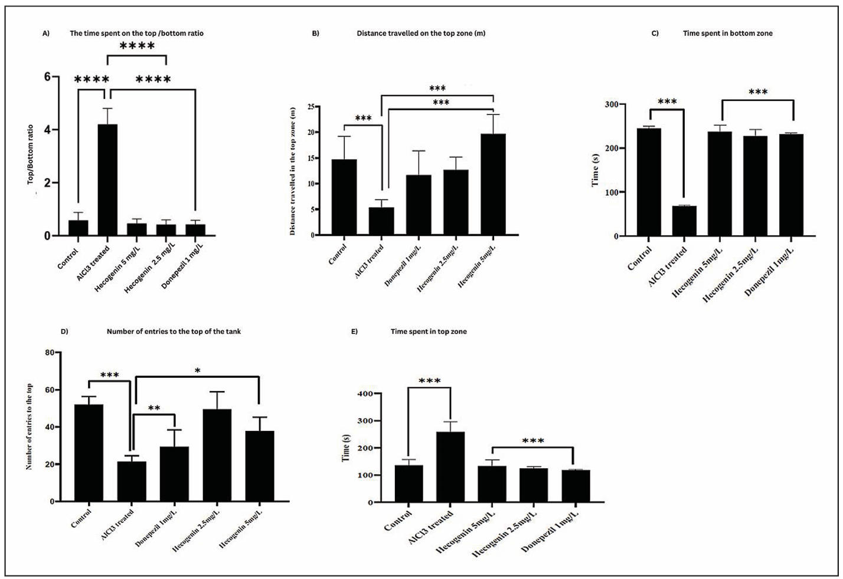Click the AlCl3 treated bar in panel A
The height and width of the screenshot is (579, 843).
point(107,180)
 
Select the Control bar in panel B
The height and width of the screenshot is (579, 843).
point(344,197)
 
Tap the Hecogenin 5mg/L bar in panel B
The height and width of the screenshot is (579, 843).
point(493,184)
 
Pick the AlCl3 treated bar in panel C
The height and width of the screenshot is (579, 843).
point(684,221)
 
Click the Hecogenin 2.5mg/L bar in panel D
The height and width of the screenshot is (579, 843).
point(217,455)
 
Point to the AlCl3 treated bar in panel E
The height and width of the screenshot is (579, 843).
point(450,467)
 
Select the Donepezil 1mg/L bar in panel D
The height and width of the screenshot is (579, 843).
point(174,474)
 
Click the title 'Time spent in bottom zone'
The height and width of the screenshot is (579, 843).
point(727,33)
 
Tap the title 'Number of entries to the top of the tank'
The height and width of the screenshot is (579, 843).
point(174,331)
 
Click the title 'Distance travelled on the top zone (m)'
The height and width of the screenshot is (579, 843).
point(421,33)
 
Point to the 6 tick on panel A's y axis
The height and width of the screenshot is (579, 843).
point(47,77)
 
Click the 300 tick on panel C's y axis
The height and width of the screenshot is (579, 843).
point(611,104)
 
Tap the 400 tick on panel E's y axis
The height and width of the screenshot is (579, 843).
point(365,394)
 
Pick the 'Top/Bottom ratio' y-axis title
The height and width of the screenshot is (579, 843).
point(31,154)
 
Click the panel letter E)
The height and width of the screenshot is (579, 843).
point(354,331)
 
